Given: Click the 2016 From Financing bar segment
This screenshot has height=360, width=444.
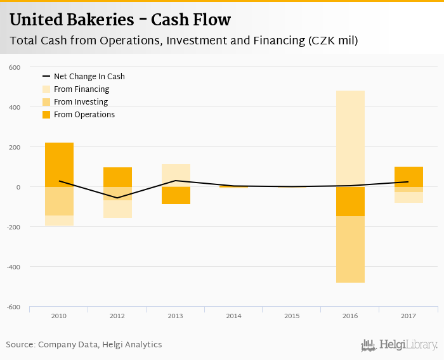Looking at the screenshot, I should pyautogui.click(x=350, y=138).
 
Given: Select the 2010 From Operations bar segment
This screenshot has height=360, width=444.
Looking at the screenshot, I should pyautogui.click(x=59, y=165).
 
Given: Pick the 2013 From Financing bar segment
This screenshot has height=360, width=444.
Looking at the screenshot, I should pyautogui.click(x=176, y=175).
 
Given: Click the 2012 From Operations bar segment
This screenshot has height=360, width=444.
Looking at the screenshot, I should pyautogui.click(x=117, y=177).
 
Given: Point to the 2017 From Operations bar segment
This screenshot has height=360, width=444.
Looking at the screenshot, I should pyautogui.click(x=408, y=176).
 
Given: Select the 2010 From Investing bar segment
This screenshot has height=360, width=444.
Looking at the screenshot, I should pyautogui.click(x=59, y=201).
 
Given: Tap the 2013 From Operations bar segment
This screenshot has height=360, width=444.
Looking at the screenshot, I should pyautogui.click(x=176, y=195).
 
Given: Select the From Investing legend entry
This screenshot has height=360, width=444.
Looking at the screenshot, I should pyautogui.click(x=81, y=102).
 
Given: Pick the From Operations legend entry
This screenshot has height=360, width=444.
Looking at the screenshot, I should pyautogui.click(x=84, y=115).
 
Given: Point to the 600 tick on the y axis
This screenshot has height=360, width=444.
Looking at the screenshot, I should pyautogui.click(x=15, y=67).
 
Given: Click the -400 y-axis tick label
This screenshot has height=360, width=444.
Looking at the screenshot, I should pyautogui.click(x=13, y=267).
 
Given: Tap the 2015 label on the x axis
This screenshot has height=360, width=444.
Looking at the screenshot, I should pyautogui.click(x=292, y=316).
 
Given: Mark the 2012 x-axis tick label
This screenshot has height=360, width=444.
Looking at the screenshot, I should pyautogui.click(x=117, y=316).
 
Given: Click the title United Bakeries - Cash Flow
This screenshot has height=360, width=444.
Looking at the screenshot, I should pyautogui.click(x=120, y=20).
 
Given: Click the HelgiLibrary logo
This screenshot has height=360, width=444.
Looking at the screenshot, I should pyautogui.click(x=400, y=345).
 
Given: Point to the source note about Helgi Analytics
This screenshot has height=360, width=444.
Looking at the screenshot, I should pyautogui.click(x=84, y=345).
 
